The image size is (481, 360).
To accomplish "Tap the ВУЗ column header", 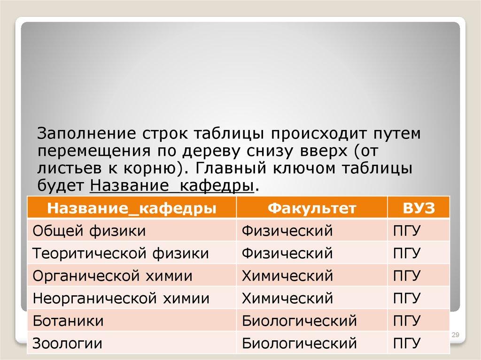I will [419, 208].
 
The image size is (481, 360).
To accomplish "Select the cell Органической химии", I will [112, 276].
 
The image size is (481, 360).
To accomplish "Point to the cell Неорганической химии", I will [121, 298].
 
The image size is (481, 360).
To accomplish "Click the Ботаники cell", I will [68, 321].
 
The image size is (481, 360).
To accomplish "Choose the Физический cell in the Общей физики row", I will [287, 231].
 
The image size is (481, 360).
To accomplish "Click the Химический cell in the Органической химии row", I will [287, 276].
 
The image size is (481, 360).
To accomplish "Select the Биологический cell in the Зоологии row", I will [299, 343].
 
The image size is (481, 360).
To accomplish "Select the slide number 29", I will [454, 335].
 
